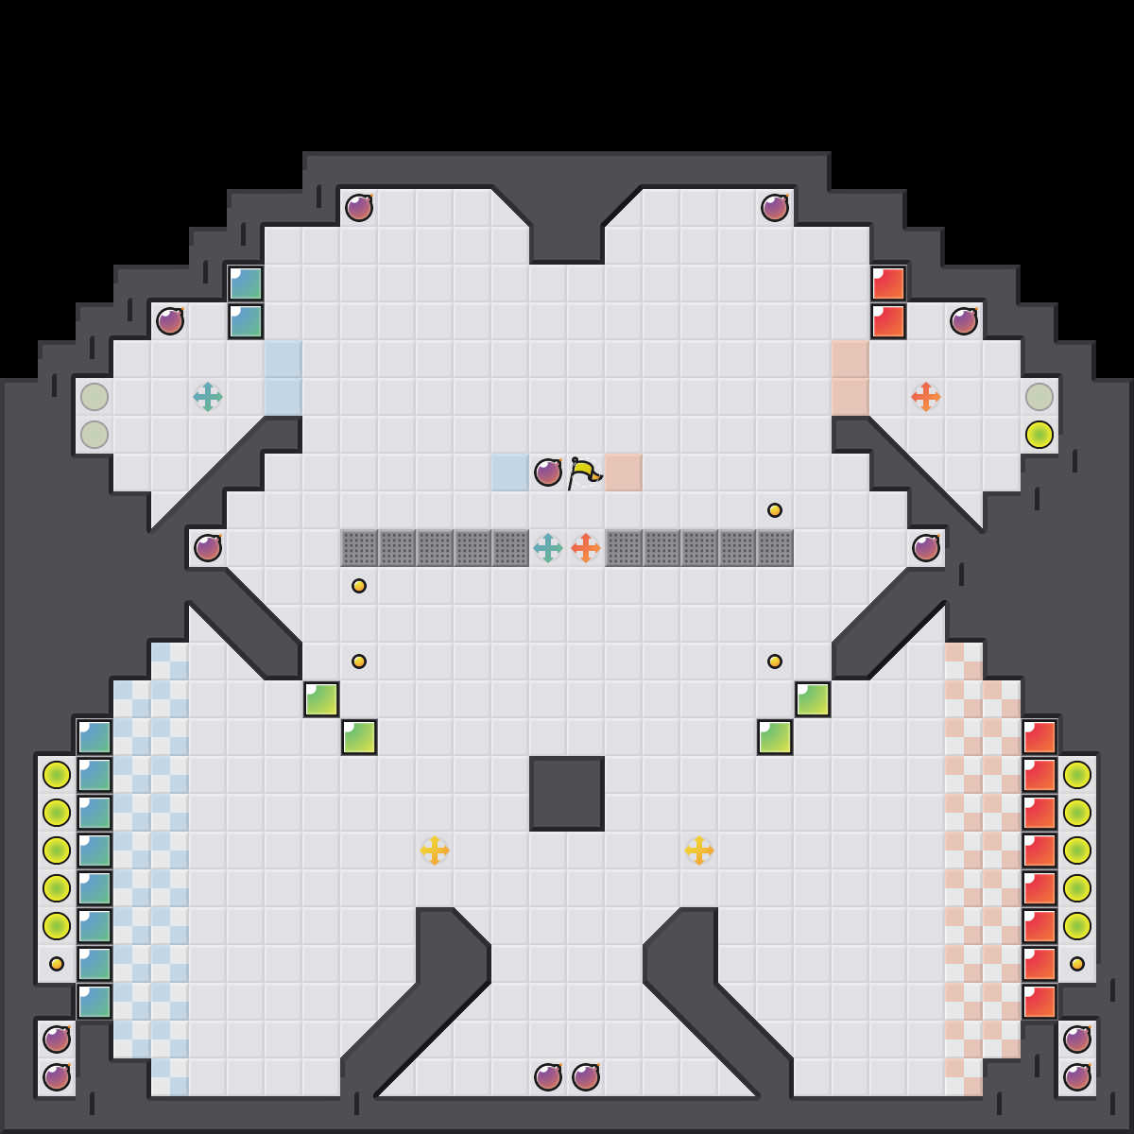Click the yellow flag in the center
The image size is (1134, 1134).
pos(584,472)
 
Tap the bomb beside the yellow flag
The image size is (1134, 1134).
pos(548,472)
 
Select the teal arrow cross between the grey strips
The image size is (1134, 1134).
pos(548,548)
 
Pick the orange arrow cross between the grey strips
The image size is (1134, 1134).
pos(586,548)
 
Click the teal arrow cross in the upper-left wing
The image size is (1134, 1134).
pos(208,397)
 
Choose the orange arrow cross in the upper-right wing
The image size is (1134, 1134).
pos(926,397)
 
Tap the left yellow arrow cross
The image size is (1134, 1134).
pos(435,850)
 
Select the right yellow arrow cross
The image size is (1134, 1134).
pos(699,850)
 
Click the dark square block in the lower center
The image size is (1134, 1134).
pos(567,794)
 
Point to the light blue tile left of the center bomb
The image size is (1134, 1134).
pos(510,472)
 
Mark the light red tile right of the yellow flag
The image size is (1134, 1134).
pos(624,472)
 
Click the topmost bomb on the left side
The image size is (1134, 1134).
pos(359,208)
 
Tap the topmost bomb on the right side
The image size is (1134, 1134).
pos(775,208)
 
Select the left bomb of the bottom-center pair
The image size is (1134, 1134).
pos(548,1077)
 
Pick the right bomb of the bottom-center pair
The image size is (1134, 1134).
pos(586,1077)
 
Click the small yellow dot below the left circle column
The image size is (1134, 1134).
pos(57,964)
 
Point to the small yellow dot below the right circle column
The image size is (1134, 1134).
pos(1077,964)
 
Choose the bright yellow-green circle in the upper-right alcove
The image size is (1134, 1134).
pos(1039,435)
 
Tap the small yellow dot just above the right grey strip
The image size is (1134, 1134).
pos(775,510)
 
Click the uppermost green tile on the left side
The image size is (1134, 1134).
pos(321,699)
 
